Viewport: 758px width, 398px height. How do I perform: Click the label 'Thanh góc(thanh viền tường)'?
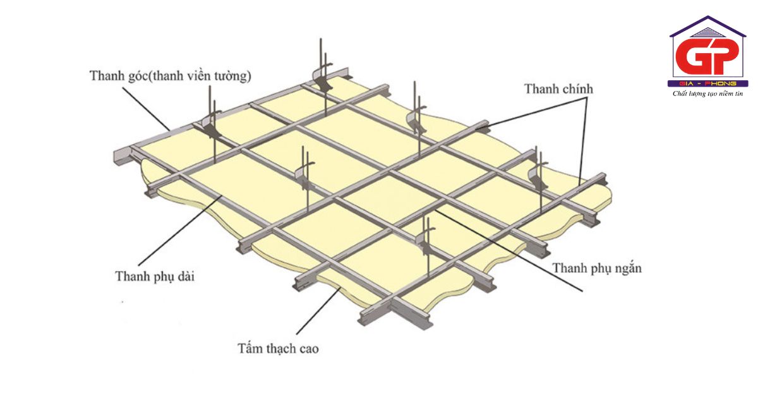[171, 76]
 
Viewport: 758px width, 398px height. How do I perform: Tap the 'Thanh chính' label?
[559, 89]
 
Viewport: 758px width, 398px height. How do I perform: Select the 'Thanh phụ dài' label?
[154, 276]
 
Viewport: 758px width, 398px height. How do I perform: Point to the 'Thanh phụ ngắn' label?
[598, 268]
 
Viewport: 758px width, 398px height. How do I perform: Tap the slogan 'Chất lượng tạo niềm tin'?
[708, 93]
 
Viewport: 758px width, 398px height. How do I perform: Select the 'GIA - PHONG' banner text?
[708, 83]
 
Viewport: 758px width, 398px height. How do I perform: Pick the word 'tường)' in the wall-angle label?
[234, 76]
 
